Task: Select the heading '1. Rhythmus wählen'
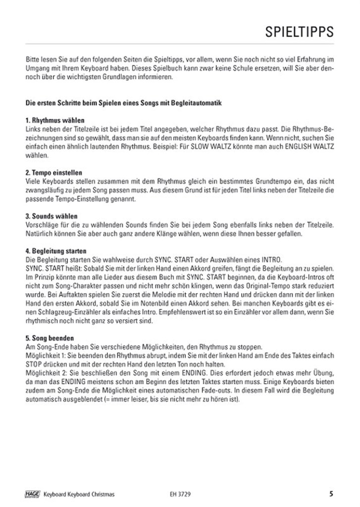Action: pos(55,120)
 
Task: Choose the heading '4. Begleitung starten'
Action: pos(59,251)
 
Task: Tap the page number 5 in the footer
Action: pos(331,493)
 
